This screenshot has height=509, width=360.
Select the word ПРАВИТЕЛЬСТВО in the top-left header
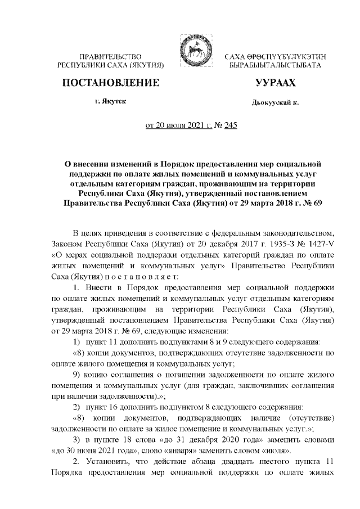(x=110, y=57)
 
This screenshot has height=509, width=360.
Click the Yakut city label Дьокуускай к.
(x=276, y=103)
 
